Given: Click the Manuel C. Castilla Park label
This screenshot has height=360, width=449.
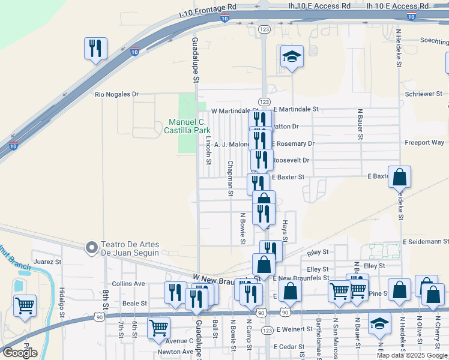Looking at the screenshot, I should [x=188, y=125].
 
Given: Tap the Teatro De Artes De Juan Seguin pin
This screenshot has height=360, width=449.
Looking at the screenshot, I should [x=91, y=247].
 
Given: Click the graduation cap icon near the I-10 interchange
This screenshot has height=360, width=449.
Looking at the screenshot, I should [x=292, y=56].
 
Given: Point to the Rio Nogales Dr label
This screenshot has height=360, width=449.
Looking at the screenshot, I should [x=116, y=94].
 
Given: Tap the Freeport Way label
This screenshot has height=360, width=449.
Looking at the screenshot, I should [x=424, y=143].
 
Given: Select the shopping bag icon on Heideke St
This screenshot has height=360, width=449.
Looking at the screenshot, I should [x=399, y=177].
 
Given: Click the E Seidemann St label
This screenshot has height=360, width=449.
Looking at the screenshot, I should [x=426, y=241].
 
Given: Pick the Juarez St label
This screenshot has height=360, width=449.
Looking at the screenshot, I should [x=48, y=262].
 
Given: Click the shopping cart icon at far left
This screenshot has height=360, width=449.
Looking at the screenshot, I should [x=25, y=305].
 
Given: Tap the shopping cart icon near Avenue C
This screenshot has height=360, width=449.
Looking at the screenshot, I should [x=158, y=327].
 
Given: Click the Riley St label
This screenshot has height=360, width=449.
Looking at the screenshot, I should [x=319, y=253].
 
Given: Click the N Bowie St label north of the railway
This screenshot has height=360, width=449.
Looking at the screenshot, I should [x=243, y=228].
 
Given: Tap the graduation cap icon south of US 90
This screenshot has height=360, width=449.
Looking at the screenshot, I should [x=379, y=323].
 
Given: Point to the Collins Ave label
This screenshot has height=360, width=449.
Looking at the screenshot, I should [x=128, y=283].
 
